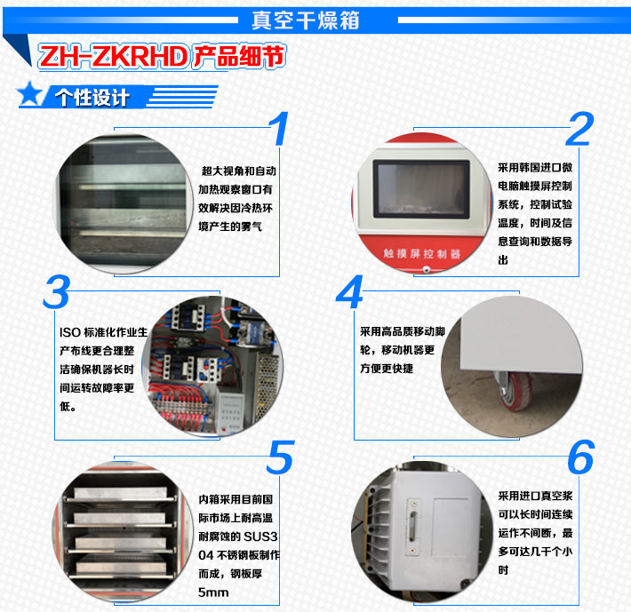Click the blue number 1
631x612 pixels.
[280, 129]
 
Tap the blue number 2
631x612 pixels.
[579, 129]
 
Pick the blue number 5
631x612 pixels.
[280, 457]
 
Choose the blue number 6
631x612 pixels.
[579, 457]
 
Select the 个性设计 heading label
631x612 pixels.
[92, 97]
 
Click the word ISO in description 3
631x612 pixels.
[68, 332]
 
